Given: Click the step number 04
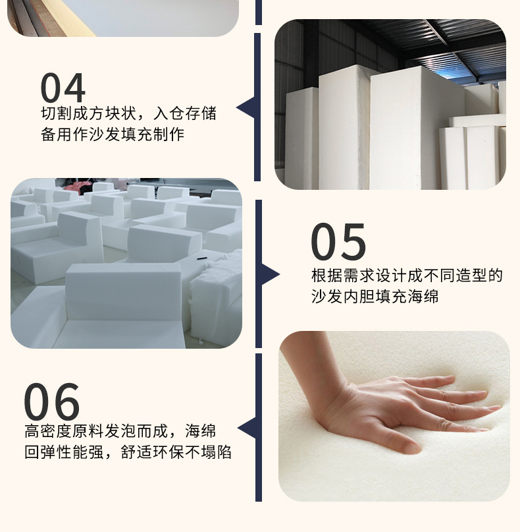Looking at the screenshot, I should tap(63, 88).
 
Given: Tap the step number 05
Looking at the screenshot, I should tap(338, 242).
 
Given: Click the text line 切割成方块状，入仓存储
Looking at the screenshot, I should tap(128, 113).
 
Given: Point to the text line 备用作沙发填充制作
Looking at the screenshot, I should tap(112, 134).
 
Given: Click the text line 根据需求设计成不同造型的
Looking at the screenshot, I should tap(407, 276).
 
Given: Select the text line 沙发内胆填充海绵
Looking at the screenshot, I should tap(375, 297).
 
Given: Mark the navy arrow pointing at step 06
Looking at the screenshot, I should tap(247, 429).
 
